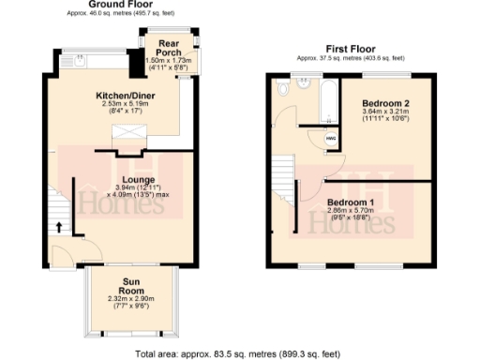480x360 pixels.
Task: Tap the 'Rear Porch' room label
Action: (169, 49)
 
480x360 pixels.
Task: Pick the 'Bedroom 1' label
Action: (352, 202)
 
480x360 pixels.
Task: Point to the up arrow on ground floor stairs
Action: (58, 226)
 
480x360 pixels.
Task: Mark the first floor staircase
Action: (283, 178)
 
